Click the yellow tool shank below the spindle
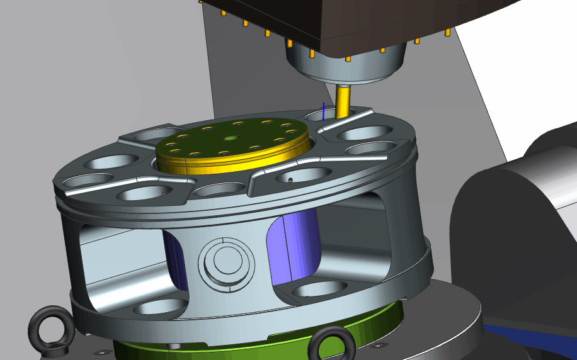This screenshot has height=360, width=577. pyautogui.click(x=343, y=101)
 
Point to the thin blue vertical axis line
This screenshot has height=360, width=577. pyautogui.click(x=324, y=111)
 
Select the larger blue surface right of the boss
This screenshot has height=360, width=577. pyautogui.click(x=293, y=245)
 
